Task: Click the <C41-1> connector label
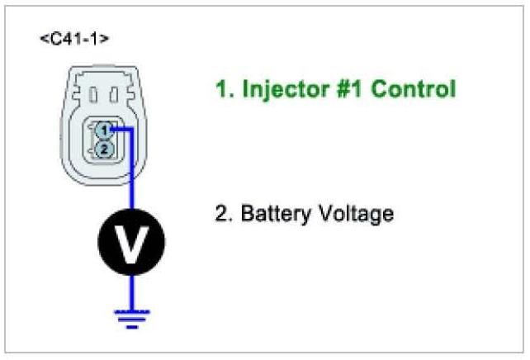coord(73,39)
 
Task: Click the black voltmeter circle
coord(131,242)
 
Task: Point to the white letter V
coord(131,242)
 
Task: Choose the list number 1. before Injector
coord(224,89)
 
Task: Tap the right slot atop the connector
coord(115,95)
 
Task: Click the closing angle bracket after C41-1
coord(105,39)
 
